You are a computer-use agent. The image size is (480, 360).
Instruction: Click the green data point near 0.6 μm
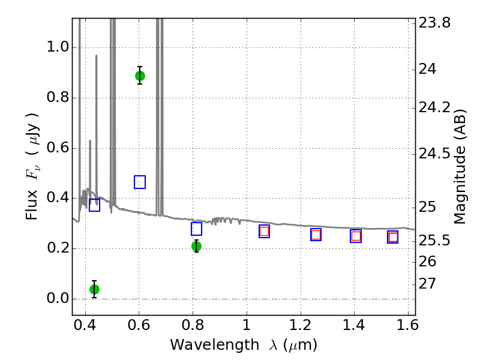[x=140, y=76]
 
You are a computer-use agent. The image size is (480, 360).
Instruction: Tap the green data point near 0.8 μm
[x=196, y=246]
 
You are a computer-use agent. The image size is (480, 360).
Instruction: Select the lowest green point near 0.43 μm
[x=94, y=289]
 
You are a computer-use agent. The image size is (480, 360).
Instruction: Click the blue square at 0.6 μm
[x=140, y=182]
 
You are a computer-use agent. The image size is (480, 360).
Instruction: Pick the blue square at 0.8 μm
[x=196, y=229]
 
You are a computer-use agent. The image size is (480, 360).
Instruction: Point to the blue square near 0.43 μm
[x=94, y=205]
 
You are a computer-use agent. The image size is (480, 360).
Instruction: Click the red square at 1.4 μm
[x=356, y=236]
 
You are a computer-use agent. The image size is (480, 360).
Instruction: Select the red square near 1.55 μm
[x=393, y=237]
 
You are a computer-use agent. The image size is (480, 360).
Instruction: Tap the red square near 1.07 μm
[x=264, y=231]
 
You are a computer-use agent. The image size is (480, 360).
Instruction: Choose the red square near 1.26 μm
[x=316, y=235]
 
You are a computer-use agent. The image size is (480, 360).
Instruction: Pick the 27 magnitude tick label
[x=429, y=283]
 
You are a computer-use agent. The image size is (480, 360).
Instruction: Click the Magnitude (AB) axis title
[x=460, y=166]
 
